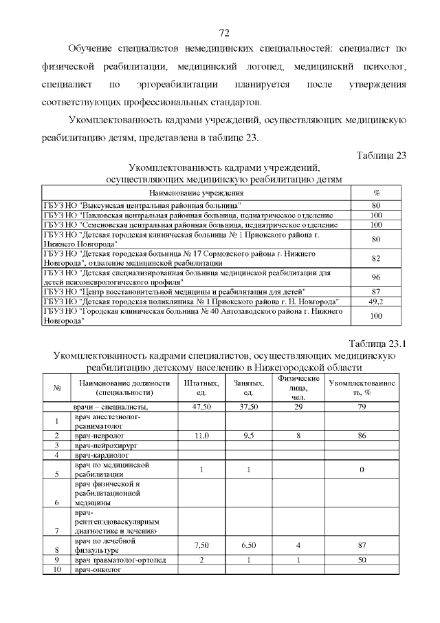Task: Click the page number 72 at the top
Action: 223,33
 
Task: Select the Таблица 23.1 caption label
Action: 377,344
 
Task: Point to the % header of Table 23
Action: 376,193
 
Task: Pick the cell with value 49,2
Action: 376,302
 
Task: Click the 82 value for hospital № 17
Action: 376,259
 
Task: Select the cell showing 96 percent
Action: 376,277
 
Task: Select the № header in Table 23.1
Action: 57,388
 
